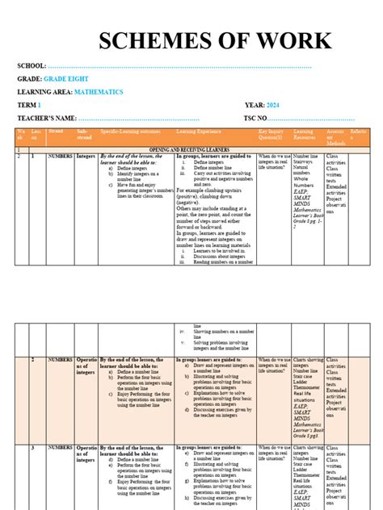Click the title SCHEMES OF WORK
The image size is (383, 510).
pyautogui.click(x=214, y=41)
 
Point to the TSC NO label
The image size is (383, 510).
pyautogui.click(x=261, y=119)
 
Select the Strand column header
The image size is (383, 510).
pyautogui.click(x=56, y=130)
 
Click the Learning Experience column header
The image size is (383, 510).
pyautogui.click(x=199, y=131)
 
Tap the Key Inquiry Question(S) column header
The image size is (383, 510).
pyautogui.click(x=272, y=133)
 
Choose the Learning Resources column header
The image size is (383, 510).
pyautogui.click(x=304, y=133)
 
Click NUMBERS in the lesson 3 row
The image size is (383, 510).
pyautogui.click(x=61, y=447)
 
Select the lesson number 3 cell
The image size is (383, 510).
pyautogui.click(x=32, y=447)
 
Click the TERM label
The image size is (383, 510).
pyautogui.click(x=26, y=106)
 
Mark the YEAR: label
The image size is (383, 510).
pyautogui.click(x=255, y=106)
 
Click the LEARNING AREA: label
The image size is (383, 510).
pyautogui.click(x=47, y=92)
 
